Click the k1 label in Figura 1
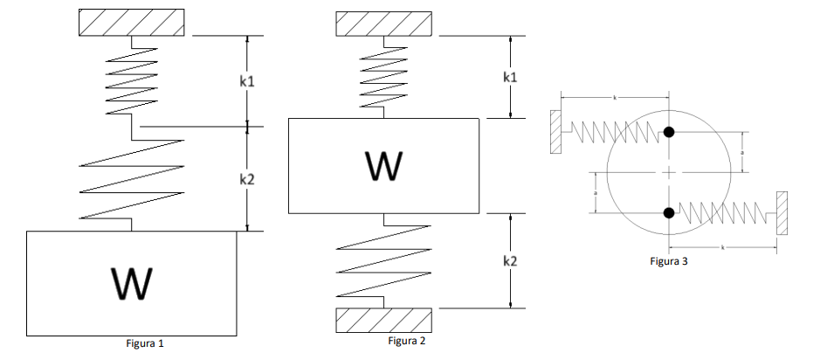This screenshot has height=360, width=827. click(247, 80)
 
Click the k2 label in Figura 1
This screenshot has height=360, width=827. click(247, 178)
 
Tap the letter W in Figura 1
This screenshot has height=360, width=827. click(131, 283)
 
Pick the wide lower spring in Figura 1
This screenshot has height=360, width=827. click(131, 178)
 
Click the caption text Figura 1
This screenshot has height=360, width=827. click(145, 343)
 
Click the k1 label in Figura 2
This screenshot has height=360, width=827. click(511, 77)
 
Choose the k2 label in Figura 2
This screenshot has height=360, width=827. click(511, 260)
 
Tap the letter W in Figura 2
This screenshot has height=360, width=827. click(383, 164)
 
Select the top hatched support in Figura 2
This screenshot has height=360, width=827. click(383, 24)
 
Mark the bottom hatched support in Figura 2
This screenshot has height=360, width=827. click(383, 321)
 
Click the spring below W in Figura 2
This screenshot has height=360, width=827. click(383, 260)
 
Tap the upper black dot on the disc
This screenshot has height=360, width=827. click(669, 132)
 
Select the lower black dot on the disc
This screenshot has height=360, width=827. click(669, 212)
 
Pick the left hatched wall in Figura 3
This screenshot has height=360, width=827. click(555, 133)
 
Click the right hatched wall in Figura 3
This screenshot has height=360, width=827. click(782, 213)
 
